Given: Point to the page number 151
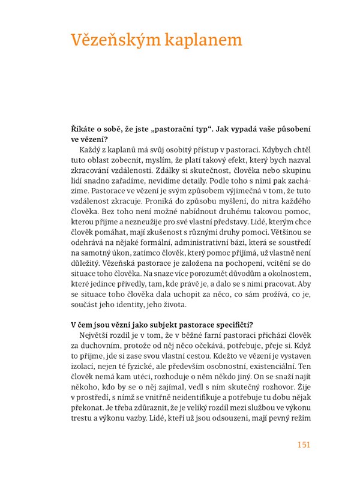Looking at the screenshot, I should (x=302, y=445).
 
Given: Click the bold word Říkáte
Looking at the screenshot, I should (x=85, y=130).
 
